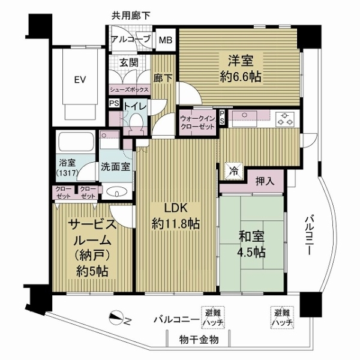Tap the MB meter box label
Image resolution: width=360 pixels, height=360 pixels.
[x=164, y=41]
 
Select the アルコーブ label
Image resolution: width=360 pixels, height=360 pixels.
[x=132, y=41]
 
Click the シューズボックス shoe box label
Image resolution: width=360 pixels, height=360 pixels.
[x=128, y=88]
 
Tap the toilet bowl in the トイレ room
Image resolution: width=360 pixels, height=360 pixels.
[x=137, y=123]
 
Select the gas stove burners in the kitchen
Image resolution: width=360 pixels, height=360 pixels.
[x=284, y=119]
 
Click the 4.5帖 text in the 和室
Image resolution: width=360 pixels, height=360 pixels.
[x=250, y=253]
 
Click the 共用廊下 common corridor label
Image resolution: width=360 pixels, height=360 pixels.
[x=130, y=14]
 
